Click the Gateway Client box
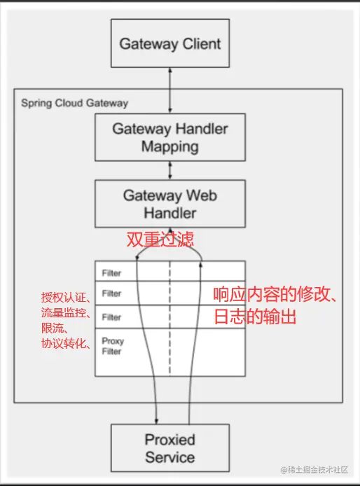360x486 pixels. [169, 43]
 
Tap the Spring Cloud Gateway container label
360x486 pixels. [75, 103]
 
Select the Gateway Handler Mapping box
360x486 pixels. [169, 137]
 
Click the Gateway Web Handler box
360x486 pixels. [169, 204]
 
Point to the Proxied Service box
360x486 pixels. [169, 448]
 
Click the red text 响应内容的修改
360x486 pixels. [277, 296]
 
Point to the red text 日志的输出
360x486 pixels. [256, 317]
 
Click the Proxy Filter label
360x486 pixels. [112, 346]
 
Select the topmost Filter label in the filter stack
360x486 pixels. [111, 272]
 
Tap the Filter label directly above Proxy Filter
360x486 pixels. [111, 317]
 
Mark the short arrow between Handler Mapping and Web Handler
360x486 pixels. [169, 170]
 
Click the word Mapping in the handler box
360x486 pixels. [169, 147]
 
